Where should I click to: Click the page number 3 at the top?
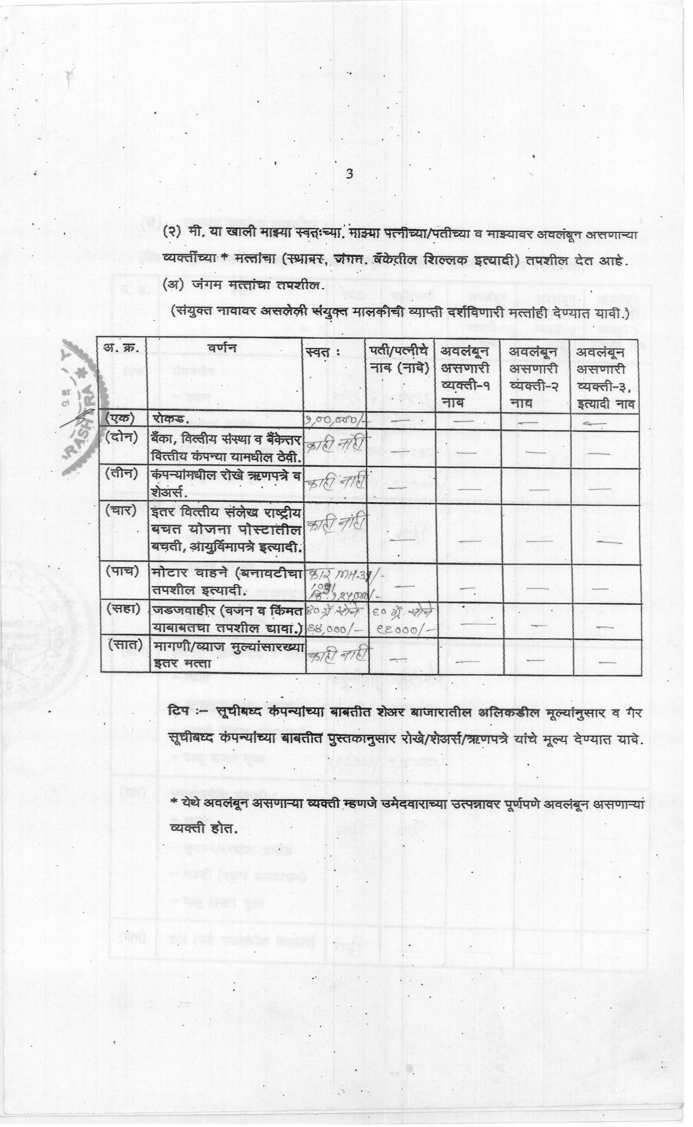coord(349,174)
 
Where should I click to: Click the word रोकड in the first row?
coord(170,419)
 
